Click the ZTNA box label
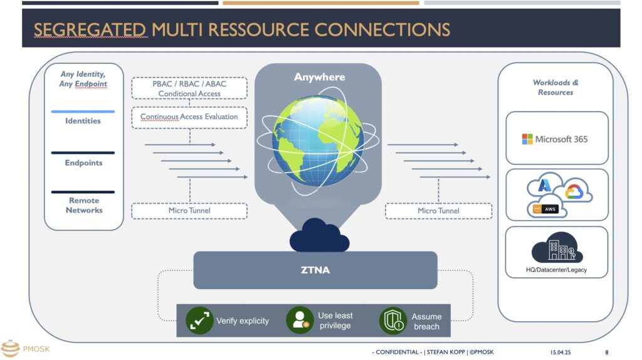click(315, 270)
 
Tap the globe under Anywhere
click(318, 140)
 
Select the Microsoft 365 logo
click(527, 139)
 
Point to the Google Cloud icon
click(576, 191)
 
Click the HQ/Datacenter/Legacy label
click(557, 270)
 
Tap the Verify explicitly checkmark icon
click(199, 320)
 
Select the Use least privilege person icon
click(300, 320)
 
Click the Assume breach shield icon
click(393, 320)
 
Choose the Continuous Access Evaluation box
click(189, 117)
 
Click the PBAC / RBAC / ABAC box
click(189, 88)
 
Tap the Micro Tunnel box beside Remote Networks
click(189, 211)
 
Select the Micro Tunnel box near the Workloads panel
click(438, 211)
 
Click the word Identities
click(83, 121)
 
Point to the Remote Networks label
click(84, 205)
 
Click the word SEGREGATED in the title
click(90, 29)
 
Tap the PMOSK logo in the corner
click(25, 349)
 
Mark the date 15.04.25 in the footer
click(560, 352)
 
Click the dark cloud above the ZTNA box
click(319, 235)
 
